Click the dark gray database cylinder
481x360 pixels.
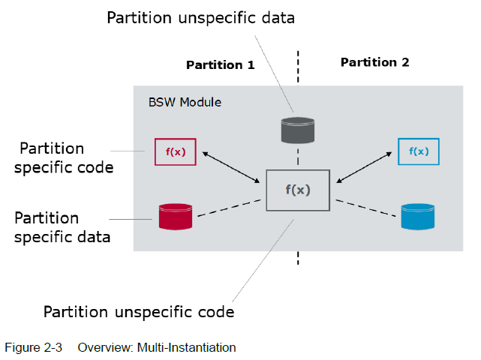298,130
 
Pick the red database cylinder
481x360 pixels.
176,217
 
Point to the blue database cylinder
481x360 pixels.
418,217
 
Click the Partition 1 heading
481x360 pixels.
221,65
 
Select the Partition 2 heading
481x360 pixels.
375,62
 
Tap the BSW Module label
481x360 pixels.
185,102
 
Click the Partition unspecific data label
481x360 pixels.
200,18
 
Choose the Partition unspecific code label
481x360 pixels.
139,312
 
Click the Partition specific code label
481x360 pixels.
64,158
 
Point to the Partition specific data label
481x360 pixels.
62,227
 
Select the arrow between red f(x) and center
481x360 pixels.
231,167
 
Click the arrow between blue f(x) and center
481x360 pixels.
364,167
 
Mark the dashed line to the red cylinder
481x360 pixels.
229,208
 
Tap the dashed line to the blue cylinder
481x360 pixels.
365,208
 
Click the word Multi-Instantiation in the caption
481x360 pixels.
187,348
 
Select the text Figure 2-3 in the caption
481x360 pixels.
34,348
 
